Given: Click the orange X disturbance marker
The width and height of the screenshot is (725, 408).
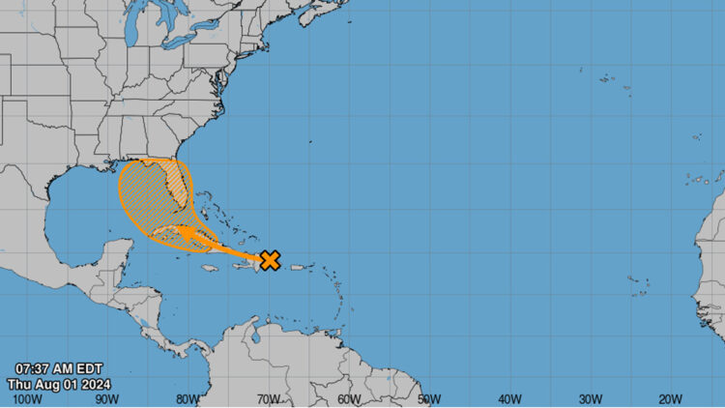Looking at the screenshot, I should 271,259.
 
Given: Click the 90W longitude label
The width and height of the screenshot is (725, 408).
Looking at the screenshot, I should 107,398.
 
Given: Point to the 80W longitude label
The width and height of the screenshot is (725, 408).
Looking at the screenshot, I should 188,398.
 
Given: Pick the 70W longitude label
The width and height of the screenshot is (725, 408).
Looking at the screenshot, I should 268,398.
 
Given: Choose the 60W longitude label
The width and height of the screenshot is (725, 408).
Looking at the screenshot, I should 349,398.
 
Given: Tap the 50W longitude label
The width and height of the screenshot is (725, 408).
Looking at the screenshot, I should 429,398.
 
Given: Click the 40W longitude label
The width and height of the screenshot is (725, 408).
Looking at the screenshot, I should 509,398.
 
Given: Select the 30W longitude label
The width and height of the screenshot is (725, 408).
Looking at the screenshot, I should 590,398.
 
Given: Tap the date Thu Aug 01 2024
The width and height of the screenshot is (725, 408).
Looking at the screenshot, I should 60,383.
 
